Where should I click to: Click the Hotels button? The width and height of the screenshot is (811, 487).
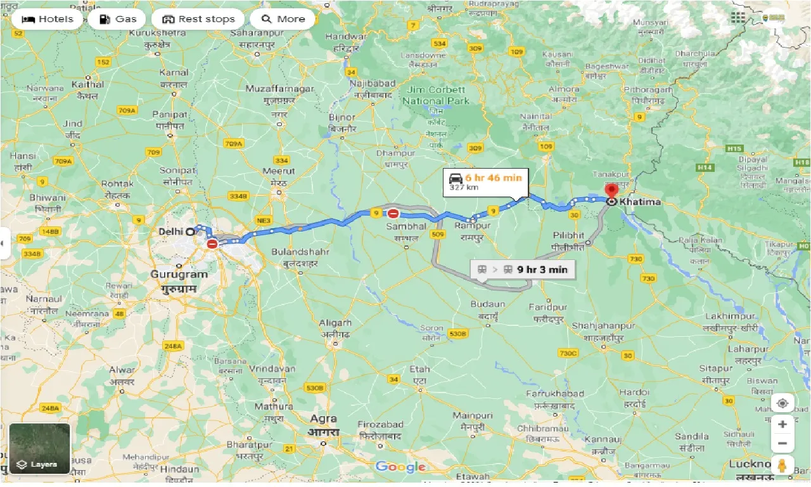(x=48, y=19)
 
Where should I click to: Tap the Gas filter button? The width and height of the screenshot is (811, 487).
(x=117, y=19)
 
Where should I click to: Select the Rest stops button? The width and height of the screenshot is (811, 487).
(x=198, y=19)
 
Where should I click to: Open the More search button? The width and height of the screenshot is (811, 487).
(x=283, y=19)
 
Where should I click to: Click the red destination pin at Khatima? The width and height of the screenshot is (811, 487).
(x=611, y=191)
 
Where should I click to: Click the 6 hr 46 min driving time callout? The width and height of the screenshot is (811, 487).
(x=485, y=181)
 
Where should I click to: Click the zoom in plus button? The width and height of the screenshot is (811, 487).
(x=782, y=424)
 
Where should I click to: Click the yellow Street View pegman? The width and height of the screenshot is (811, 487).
(x=782, y=465)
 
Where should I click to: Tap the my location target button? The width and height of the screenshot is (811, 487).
(x=782, y=403)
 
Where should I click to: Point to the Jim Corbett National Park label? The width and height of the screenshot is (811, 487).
(x=437, y=95)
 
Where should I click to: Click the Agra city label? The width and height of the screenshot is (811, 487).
(x=323, y=419)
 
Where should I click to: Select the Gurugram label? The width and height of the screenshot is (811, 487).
(x=179, y=275)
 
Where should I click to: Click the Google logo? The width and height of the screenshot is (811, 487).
(x=400, y=467)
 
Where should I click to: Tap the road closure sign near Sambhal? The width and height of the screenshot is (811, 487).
(x=393, y=214)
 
